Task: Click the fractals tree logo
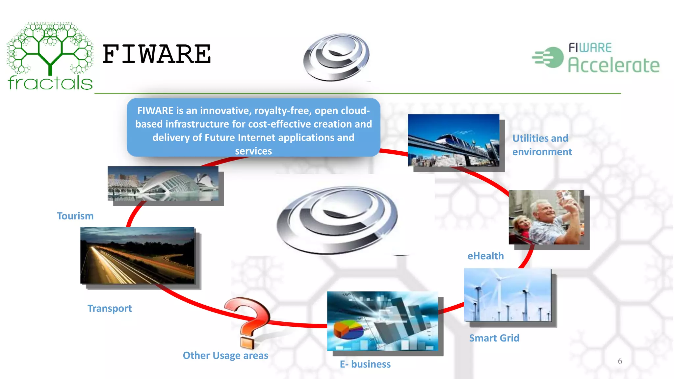[x=50, y=56]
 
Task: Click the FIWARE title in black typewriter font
[x=157, y=54]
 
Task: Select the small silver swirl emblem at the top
[x=336, y=57]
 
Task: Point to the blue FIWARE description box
[x=253, y=128]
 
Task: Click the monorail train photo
[x=454, y=140]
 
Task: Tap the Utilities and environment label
[x=542, y=145]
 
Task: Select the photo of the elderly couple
[x=546, y=217]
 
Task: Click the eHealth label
[x=485, y=256]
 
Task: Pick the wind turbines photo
[x=507, y=295]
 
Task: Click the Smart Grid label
[x=494, y=338]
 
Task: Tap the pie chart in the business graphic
[x=349, y=330]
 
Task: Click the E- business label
[x=365, y=364]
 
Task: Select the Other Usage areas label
[x=225, y=355]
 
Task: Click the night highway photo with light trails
[x=137, y=255]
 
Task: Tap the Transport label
[x=110, y=308]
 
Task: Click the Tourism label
[x=75, y=216]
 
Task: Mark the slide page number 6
[x=620, y=361]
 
